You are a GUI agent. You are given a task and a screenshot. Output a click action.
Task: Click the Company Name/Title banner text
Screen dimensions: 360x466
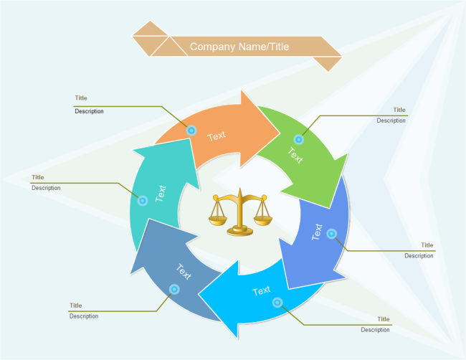click(239, 47)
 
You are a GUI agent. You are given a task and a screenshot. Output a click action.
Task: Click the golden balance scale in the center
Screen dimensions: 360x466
click(240, 213)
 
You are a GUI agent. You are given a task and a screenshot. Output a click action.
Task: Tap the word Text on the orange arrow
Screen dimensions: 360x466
click(217, 135)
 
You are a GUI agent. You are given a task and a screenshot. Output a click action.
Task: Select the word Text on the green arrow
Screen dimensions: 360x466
click(295, 154)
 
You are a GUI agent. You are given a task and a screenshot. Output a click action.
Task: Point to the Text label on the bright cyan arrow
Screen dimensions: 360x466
click(262, 290)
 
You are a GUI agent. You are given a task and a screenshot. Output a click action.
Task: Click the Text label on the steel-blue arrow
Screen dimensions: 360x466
click(184, 272)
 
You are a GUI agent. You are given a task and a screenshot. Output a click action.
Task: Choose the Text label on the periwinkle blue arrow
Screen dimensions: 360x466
click(318, 232)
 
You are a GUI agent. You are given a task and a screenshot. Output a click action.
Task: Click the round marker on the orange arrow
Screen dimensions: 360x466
click(191, 131)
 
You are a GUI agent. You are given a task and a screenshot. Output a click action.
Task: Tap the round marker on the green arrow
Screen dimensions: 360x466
click(299, 140)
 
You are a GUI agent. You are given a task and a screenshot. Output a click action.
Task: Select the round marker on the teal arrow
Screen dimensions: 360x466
click(143, 201)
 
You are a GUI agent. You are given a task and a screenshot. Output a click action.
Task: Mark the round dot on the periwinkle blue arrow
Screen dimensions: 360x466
click(331, 233)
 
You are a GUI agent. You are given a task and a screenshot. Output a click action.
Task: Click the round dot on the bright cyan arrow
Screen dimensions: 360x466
click(277, 303)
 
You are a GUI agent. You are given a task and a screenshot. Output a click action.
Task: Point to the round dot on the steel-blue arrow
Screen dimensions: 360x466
click(174, 289)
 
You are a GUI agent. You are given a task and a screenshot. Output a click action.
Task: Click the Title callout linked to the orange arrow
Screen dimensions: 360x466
click(81, 98)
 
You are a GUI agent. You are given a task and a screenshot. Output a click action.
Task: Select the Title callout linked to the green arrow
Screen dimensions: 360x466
click(399, 110)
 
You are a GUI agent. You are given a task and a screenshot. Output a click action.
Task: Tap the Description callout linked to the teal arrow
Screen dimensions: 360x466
click(46, 188)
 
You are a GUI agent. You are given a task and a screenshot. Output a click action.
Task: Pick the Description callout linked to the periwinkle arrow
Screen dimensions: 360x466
click(419, 255)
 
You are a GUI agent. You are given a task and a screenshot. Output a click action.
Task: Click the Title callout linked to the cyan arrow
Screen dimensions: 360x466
click(384, 319)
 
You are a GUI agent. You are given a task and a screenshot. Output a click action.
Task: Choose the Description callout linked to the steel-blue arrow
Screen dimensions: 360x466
click(84, 316)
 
